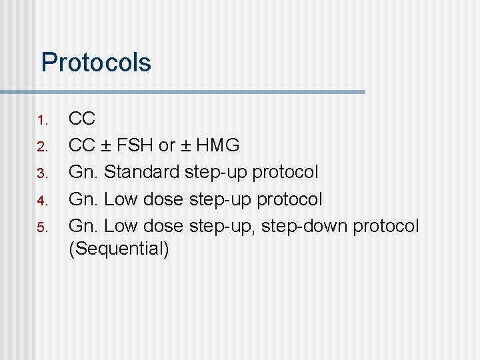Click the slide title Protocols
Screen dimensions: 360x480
96,63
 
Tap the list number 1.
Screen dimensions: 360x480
42,121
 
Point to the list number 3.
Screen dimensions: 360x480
42,174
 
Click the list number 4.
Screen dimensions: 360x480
42,201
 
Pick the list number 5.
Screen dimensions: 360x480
42,227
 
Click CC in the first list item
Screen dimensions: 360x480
83,119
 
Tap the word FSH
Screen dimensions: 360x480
136,145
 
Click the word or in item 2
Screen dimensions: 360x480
167,146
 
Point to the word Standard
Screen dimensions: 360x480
142,172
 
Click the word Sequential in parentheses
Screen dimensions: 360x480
119,249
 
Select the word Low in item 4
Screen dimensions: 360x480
120,199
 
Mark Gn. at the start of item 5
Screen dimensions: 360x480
84,226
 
